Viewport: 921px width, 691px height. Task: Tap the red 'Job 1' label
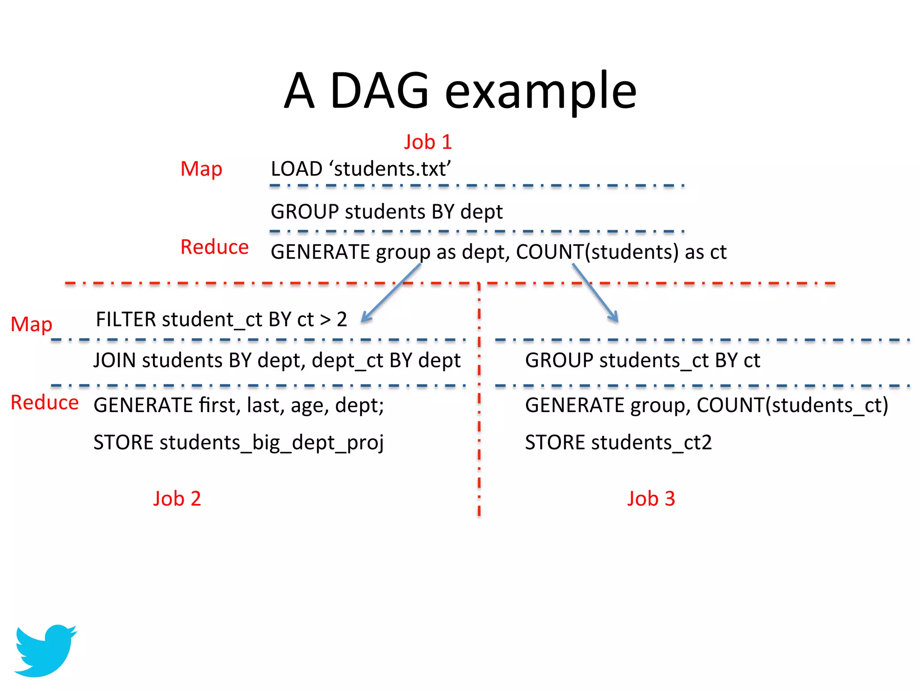coord(427,142)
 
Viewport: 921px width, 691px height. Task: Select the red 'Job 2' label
coord(177,498)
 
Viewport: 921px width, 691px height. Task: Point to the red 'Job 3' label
coord(651,498)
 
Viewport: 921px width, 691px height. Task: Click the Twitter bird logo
coord(45,650)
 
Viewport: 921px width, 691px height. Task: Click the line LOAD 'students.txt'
coord(360,169)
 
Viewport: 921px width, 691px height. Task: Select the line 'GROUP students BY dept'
coord(386,211)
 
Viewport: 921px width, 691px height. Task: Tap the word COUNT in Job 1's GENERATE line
coord(550,252)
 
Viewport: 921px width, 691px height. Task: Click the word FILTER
coord(126,319)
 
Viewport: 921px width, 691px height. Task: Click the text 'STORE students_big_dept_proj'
coord(238,443)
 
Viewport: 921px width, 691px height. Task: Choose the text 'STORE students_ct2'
coord(618,443)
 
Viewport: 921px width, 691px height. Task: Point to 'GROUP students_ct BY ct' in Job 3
coord(642,360)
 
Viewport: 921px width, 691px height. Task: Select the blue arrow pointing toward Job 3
coord(595,292)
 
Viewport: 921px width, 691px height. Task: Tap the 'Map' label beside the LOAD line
coord(201,169)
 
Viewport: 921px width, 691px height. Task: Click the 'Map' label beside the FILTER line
coord(31,324)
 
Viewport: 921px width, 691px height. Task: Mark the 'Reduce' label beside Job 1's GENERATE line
coord(215,247)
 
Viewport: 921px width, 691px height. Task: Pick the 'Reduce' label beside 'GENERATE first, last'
coord(45,402)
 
